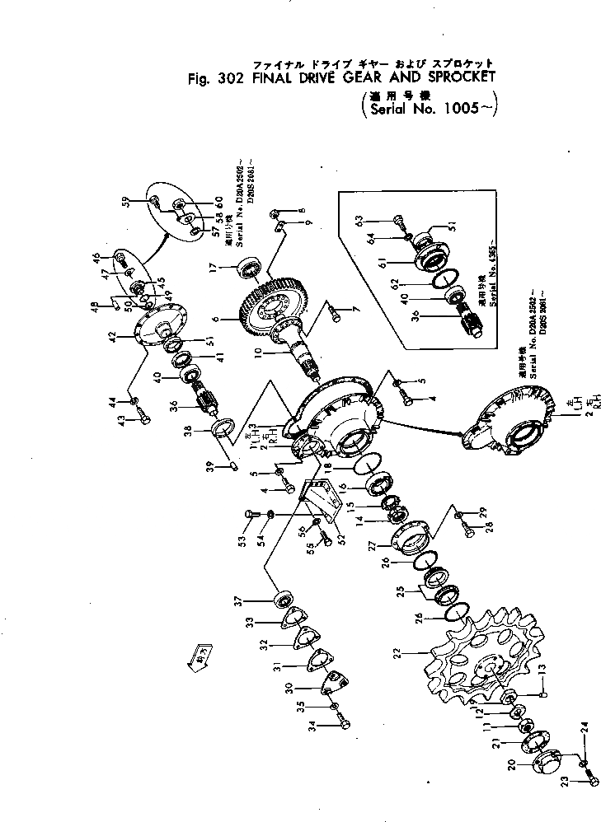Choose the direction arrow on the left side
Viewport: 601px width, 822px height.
click(200, 656)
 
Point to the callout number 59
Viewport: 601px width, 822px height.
click(125, 201)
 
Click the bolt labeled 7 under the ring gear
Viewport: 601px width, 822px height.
click(333, 312)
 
